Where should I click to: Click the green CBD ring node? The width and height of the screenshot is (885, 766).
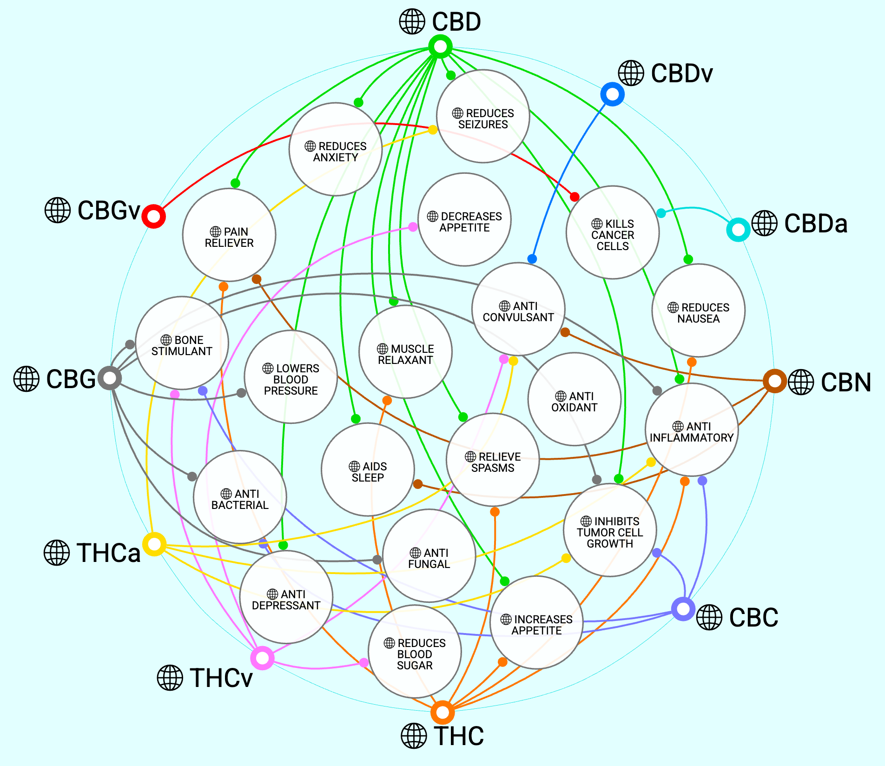click(440, 46)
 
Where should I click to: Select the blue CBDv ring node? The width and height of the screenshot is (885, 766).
click(612, 94)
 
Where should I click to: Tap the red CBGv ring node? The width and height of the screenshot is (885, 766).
click(153, 216)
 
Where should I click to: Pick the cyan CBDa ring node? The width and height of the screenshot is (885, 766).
click(738, 230)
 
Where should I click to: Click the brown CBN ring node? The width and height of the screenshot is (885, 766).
click(774, 381)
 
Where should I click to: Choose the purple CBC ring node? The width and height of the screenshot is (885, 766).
click(683, 608)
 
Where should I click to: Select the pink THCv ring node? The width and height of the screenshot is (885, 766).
click(263, 658)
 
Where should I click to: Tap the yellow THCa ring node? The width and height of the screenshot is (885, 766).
click(154, 544)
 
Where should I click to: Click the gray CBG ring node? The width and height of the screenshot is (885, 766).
click(110, 378)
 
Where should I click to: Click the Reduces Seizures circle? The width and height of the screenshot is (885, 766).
click(483, 116)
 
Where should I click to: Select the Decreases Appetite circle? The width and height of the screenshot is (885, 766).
click(464, 219)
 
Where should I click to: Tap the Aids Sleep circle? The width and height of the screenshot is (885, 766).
click(368, 469)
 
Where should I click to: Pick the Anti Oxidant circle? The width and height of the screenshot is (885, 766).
click(575, 399)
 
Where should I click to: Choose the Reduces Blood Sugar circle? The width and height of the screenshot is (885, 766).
click(415, 652)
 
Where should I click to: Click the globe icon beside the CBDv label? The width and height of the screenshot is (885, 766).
click(631, 73)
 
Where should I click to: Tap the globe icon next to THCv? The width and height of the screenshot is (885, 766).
click(170, 678)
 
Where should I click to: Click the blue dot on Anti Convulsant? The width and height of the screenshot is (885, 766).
click(532, 259)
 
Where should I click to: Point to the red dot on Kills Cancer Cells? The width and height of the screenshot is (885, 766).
click(575, 197)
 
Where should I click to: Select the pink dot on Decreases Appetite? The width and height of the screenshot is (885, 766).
click(413, 227)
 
